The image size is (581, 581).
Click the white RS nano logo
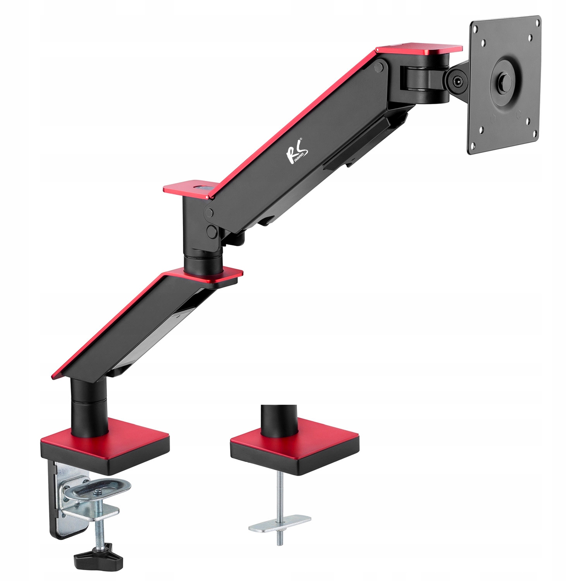click(x=297, y=153)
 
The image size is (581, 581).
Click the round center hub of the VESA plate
click(x=504, y=81)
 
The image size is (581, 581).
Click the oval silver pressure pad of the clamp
click(x=97, y=489)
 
